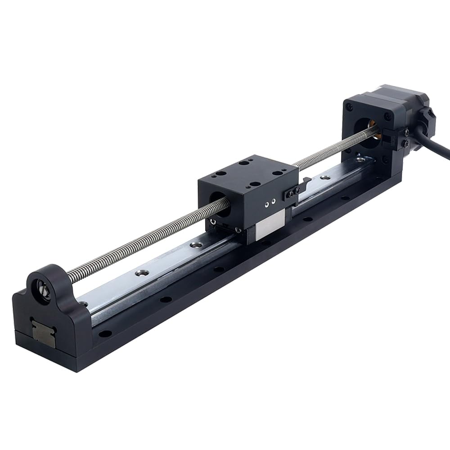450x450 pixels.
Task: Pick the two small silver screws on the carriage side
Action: click(270, 203)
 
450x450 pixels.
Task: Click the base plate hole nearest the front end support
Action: click(105, 334)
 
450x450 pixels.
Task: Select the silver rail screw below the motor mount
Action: click(359, 159)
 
